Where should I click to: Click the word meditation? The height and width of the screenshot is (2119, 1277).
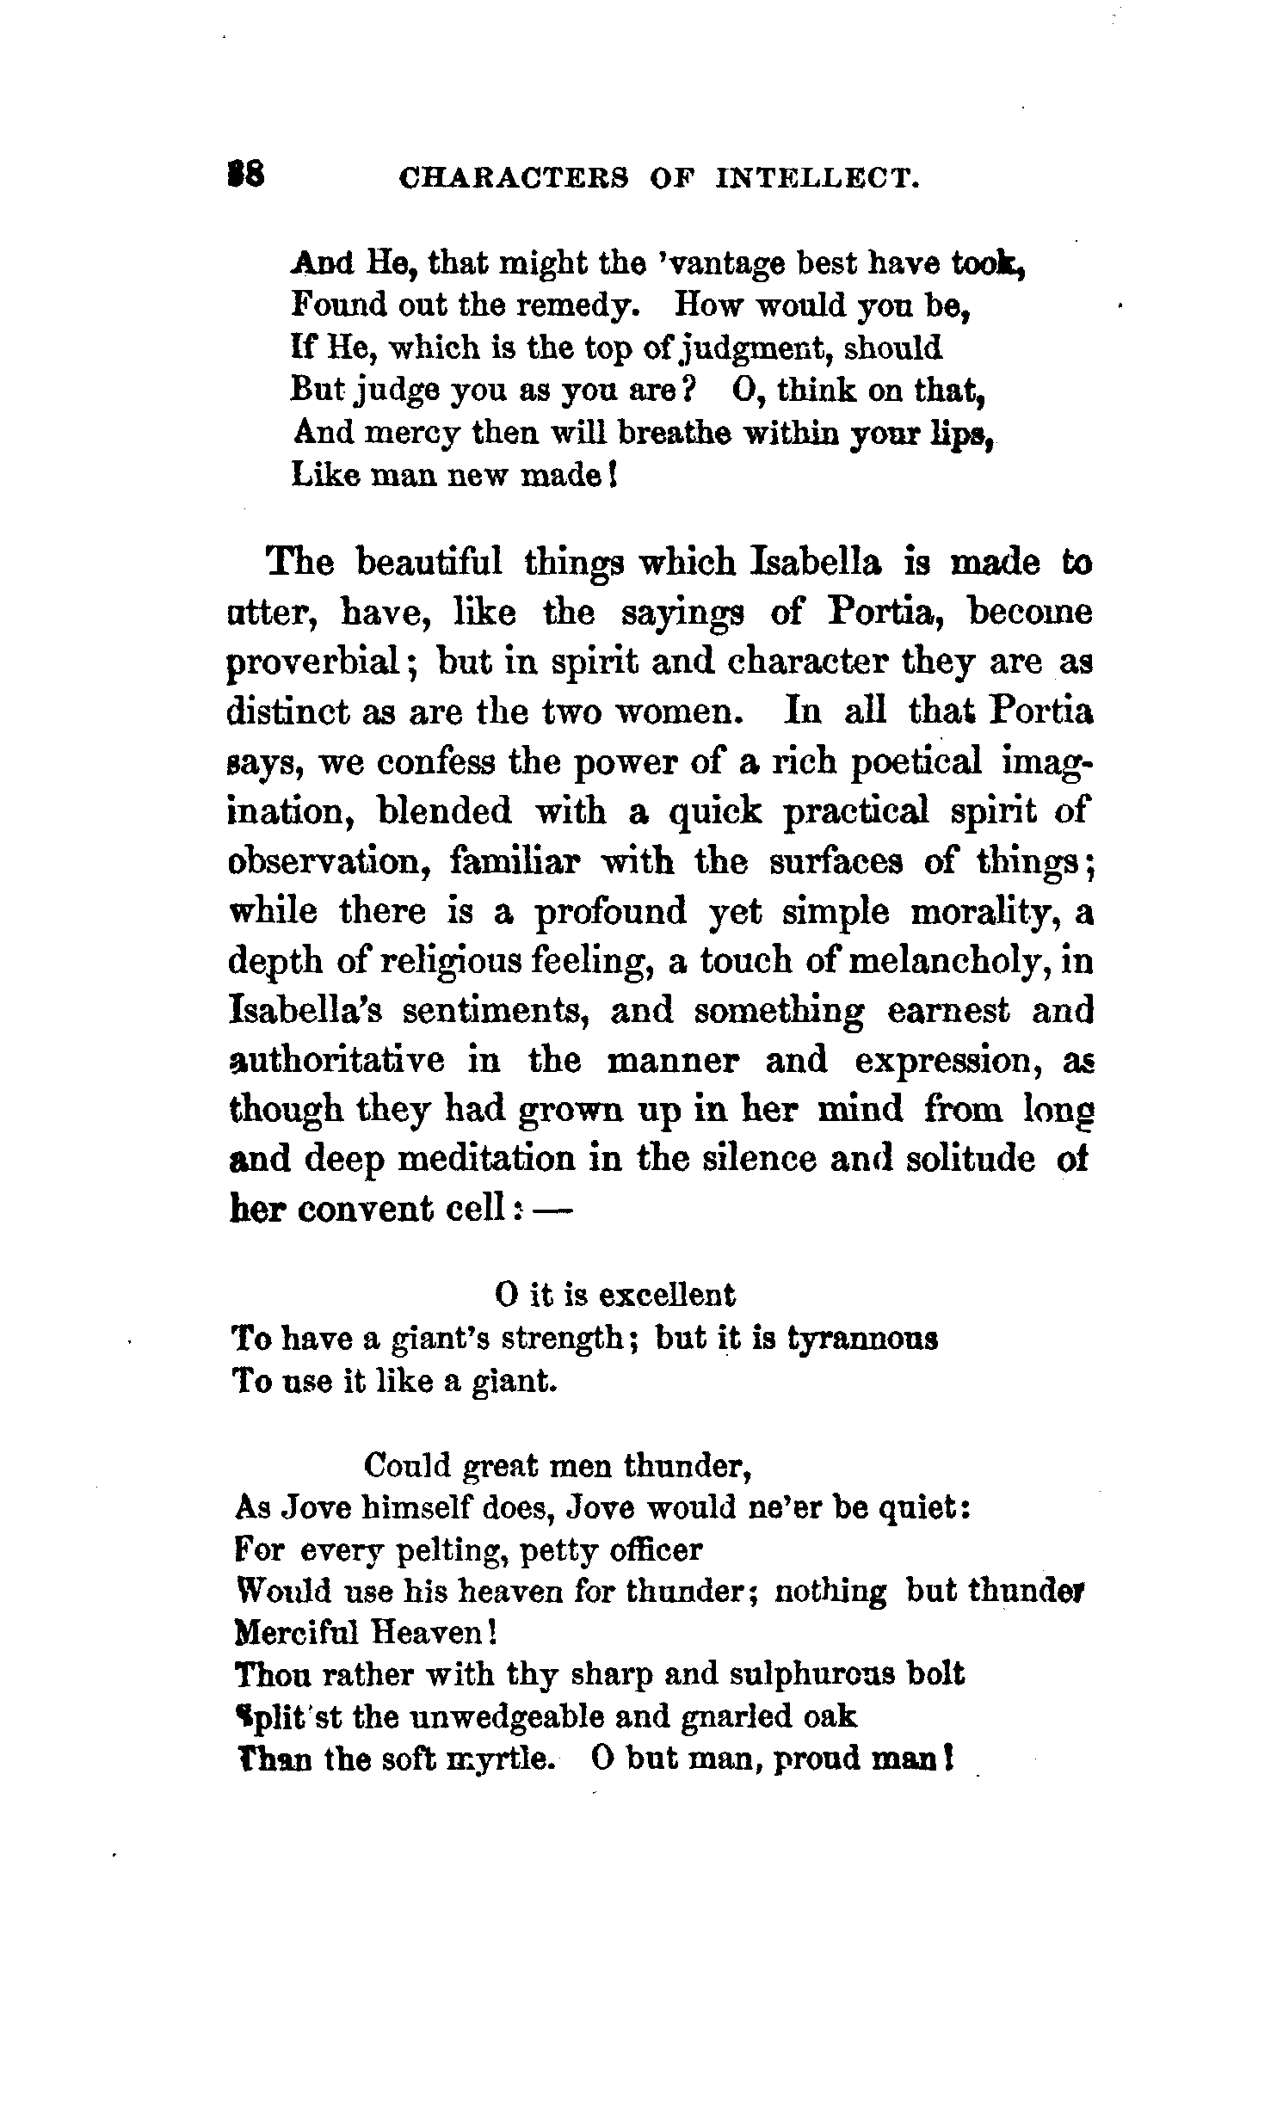[x=490, y=1160]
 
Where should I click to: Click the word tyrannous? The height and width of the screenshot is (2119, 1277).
[x=863, y=1339]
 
